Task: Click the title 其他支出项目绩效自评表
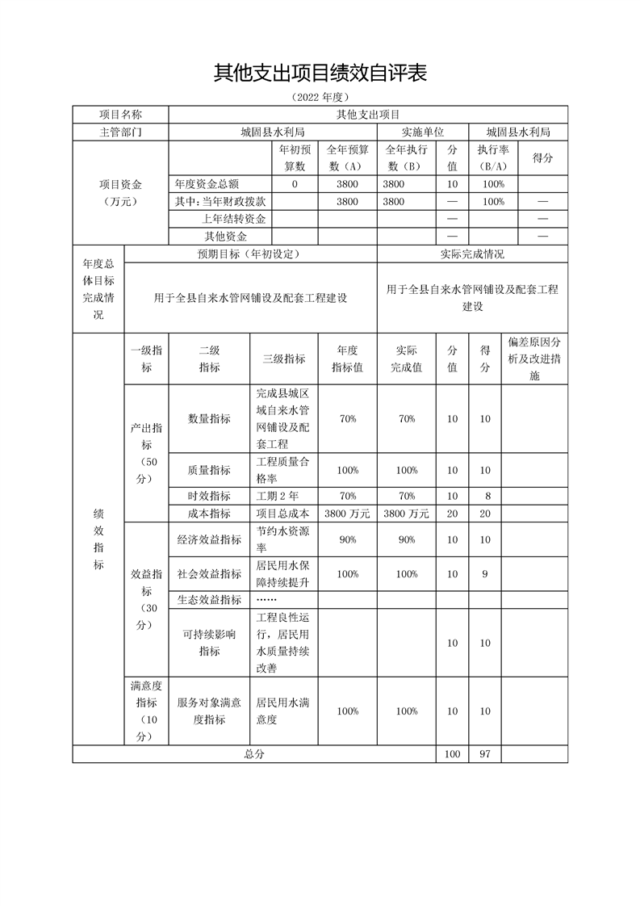click(320, 73)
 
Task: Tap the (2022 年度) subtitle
click(320, 97)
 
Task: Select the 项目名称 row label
click(120, 115)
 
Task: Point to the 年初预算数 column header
click(293, 157)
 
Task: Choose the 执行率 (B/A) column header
click(492, 157)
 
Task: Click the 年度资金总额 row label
click(207, 184)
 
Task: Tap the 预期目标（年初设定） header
click(250, 254)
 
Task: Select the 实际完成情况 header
click(472, 254)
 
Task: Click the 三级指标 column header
click(284, 359)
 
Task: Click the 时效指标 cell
click(209, 496)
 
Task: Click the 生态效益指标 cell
click(209, 599)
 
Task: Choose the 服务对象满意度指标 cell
click(209, 711)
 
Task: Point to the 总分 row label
click(254, 753)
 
